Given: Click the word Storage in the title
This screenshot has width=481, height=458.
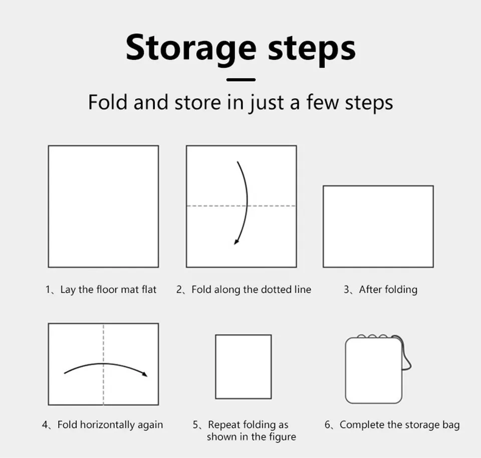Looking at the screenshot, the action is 191,49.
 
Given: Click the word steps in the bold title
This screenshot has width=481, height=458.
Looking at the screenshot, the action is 312,49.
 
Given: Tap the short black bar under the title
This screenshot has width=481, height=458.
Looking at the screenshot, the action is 241,80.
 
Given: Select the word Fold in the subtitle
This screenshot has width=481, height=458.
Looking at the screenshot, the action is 107,102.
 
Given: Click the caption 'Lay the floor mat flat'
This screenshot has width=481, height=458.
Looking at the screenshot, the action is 108,289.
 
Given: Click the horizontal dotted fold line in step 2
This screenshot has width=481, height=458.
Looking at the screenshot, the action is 241,206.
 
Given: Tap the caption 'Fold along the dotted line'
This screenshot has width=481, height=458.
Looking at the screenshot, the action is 251,289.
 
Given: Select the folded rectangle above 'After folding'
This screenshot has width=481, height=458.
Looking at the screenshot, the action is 378,226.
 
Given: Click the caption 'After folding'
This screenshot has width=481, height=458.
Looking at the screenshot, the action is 388,289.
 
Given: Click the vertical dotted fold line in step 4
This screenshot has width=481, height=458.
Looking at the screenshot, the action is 103,364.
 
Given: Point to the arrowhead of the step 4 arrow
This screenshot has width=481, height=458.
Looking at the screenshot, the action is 145,374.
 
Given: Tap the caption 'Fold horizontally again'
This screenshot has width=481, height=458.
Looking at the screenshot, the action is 110,424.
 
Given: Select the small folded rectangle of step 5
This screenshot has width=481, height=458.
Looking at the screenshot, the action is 244,367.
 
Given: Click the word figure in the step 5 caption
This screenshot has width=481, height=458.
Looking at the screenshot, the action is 282,437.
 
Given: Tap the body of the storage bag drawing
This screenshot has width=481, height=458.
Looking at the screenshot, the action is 374,370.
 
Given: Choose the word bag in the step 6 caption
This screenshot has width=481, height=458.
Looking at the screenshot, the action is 451,425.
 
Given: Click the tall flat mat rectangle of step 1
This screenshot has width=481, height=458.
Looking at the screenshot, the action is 103,206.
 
